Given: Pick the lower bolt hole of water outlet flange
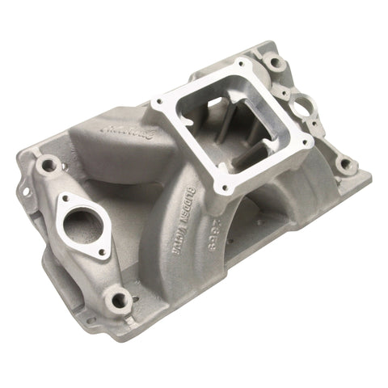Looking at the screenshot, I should click(x=102, y=252).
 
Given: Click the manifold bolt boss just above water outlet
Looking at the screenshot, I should click(x=49, y=166).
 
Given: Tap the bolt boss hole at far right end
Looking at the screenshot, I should click(x=348, y=167).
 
